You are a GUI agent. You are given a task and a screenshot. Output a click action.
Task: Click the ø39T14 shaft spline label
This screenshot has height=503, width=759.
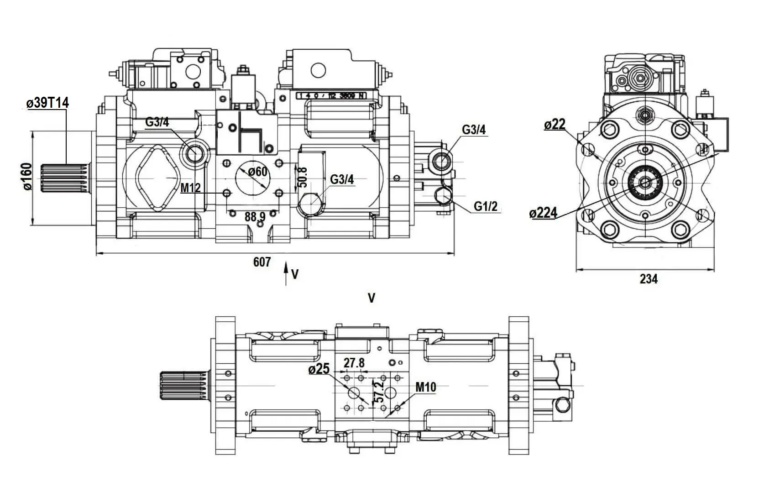coord(47,103)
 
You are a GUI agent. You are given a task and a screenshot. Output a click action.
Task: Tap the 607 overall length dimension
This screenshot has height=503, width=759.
coord(262,262)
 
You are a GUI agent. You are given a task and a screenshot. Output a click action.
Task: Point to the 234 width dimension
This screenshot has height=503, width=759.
coord(648,279)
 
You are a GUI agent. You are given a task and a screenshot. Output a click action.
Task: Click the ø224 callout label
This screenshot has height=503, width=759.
coord(544,213)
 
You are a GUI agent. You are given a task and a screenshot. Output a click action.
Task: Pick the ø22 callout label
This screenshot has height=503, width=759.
coord(555,124)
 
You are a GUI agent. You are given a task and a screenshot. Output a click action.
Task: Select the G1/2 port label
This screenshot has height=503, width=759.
coord(485,206)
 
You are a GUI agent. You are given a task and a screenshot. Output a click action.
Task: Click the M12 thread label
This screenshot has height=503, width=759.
coord(190,188)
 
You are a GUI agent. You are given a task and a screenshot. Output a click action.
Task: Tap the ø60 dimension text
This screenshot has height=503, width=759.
coord(258,172)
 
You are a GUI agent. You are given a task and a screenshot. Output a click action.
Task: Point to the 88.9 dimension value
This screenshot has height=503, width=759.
coord(255,217)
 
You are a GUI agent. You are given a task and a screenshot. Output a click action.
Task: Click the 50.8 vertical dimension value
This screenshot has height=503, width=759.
coord(302,177)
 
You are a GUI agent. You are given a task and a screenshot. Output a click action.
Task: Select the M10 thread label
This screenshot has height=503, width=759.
coord(425,388)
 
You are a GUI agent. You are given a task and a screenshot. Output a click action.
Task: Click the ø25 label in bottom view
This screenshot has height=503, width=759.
coord(319,369)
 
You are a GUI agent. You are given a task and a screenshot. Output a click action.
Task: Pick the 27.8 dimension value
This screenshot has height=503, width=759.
coord(354,363)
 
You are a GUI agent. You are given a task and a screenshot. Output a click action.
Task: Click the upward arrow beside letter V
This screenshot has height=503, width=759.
coord(286,273)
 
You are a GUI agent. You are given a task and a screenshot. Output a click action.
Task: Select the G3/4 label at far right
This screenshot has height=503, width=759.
coord(474,130)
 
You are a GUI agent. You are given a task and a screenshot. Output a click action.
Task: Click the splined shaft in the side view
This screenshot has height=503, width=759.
coord(64,178)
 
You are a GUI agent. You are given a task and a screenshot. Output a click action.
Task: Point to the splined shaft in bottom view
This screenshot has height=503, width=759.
coord(183,386)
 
